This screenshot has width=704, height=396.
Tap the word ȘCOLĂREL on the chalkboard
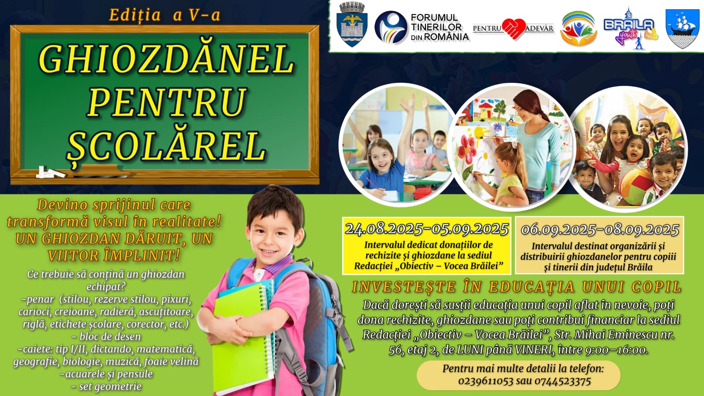point(167,146)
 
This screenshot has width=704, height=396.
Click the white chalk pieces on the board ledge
point(50,172)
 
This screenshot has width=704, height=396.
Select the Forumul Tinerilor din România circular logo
point(391,27)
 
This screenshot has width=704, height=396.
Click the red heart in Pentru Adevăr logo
point(514,29)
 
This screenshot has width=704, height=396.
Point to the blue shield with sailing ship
point(682,29)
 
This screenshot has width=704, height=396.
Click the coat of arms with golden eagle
point(352,25)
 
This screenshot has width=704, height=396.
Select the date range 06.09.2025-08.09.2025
point(600,230)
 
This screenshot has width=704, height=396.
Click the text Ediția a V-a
point(165,15)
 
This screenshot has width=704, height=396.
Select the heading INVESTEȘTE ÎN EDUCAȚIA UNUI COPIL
point(517,287)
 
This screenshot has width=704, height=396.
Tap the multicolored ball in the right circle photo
point(635,187)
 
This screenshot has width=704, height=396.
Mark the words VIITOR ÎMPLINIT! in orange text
point(114,256)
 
